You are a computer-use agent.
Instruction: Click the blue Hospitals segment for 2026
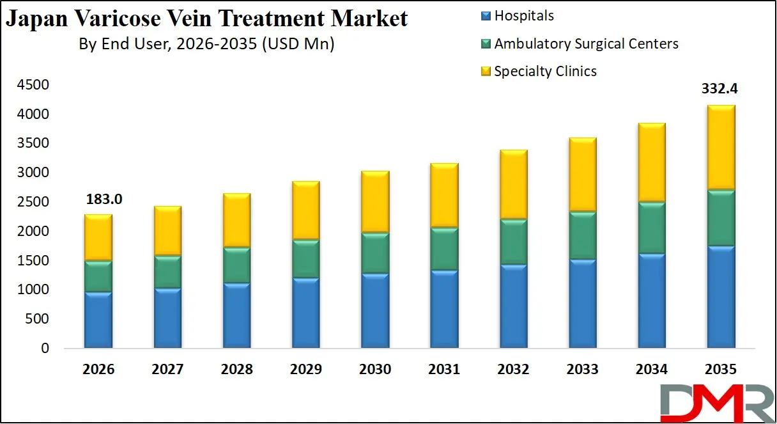[98, 320]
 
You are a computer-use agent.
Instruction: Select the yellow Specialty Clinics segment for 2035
[721, 148]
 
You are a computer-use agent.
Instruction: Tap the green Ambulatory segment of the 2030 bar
[375, 253]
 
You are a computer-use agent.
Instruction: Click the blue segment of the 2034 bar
[652, 301]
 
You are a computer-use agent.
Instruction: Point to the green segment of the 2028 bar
[236, 265]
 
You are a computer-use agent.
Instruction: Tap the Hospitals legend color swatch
[486, 16]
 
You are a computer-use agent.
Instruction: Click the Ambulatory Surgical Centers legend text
[586, 43]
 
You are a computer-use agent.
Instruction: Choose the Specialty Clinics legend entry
[545, 71]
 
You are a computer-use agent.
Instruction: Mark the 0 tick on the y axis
[44, 349]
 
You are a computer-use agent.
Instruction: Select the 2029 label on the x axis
[305, 370]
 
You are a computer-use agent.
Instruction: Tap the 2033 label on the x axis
[582, 370]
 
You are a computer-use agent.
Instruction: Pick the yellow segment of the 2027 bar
[167, 231]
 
